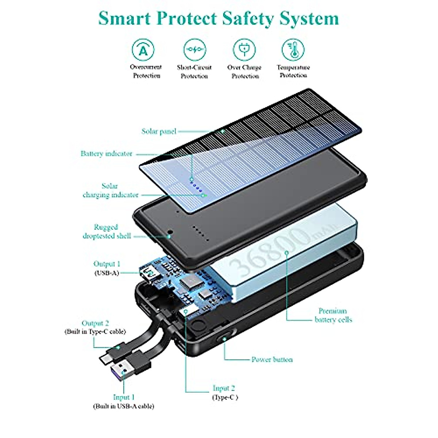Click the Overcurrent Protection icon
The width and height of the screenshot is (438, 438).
[143, 50]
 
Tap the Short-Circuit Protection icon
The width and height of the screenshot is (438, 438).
[195, 50]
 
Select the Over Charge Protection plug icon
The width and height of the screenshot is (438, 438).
[244, 50]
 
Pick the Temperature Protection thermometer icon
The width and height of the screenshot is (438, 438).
[293, 50]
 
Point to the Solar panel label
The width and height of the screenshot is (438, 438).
[159, 131]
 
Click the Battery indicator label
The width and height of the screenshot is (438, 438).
[106, 154]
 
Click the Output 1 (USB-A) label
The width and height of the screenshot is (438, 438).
[107, 268]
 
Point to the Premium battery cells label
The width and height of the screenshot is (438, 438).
[333, 315]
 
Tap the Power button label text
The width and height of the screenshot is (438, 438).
[272, 360]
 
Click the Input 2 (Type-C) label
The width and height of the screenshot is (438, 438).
[224, 392]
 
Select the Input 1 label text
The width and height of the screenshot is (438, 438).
[124, 397]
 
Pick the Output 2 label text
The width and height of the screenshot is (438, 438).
[95, 323]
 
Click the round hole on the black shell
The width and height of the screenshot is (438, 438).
[170, 233]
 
